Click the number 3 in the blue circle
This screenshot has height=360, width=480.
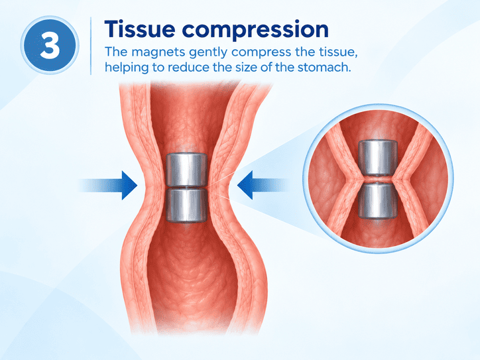point(50,45)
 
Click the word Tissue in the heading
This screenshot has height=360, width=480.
point(140,29)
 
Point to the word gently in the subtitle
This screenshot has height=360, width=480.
point(209,52)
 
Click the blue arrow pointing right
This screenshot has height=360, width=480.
point(108,186)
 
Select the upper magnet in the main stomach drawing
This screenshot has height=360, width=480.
point(186,169)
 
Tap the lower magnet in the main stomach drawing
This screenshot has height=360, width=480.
point(186,205)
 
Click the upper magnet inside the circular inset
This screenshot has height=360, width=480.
point(378,158)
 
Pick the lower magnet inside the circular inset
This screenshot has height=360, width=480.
point(378,200)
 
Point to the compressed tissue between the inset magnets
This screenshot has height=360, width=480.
point(378,180)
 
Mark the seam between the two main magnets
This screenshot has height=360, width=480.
point(186,187)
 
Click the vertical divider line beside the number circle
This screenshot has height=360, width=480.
point(91,46)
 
